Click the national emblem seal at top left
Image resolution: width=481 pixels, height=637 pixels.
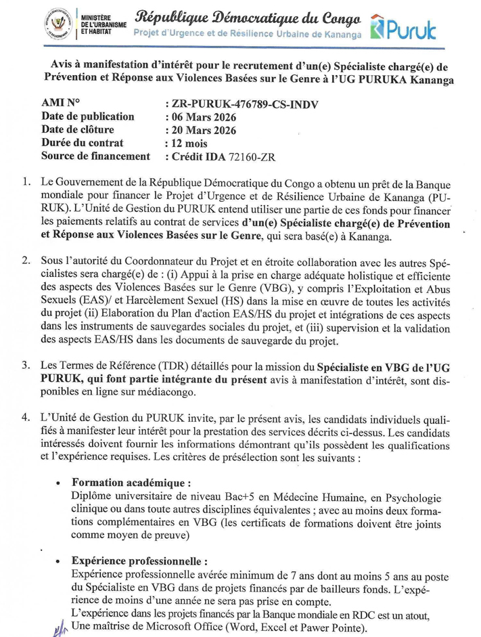59,23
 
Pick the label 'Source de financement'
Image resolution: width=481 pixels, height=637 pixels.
95,156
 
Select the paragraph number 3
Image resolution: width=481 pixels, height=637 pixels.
25,366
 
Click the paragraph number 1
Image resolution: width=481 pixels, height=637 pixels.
25,183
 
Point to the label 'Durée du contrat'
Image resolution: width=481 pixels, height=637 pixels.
83,144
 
